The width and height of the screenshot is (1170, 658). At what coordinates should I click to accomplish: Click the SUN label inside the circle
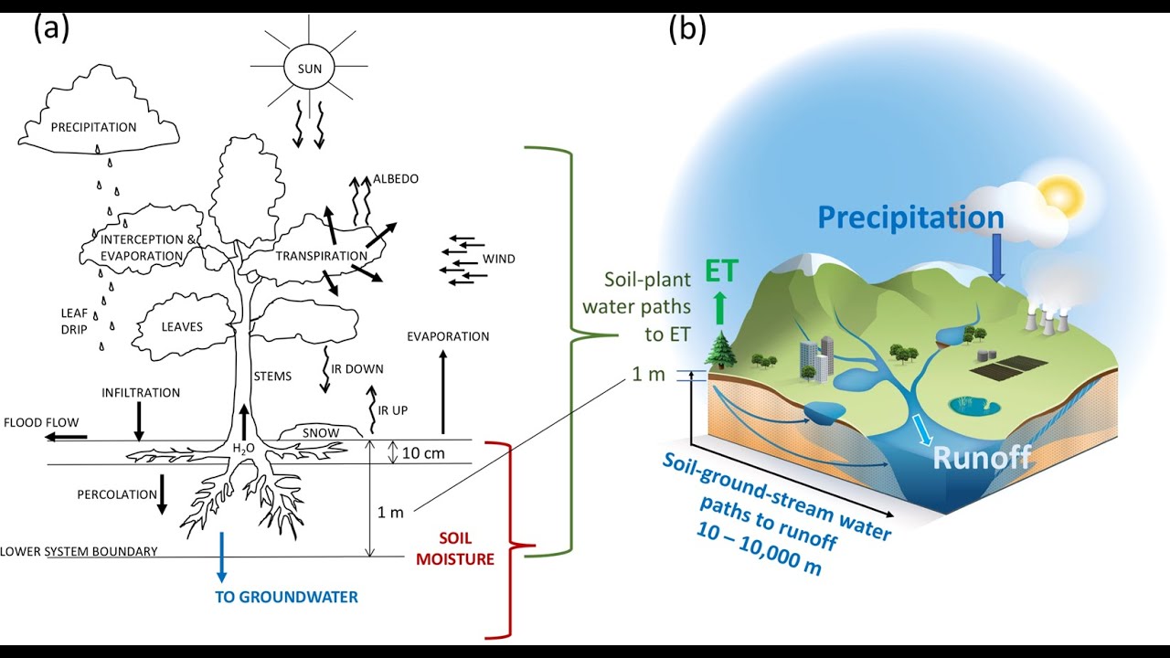[x=309, y=69]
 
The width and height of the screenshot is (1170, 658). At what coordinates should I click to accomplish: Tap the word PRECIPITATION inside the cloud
[x=93, y=127]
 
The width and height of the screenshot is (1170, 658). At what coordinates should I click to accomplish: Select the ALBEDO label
[x=396, y=178]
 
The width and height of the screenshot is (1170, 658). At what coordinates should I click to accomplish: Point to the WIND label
[x=499, y=259]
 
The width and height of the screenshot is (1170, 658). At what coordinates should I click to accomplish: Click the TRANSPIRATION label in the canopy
[x=322, y=256]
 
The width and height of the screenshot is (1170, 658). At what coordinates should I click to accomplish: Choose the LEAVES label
[x=182, y=327]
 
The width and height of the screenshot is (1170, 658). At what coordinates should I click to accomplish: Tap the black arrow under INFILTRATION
[x=139, y=421]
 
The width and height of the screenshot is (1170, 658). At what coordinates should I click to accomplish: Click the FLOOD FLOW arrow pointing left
[x=67, y=437]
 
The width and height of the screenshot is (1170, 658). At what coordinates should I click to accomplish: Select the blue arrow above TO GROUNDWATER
[x=222, y=557]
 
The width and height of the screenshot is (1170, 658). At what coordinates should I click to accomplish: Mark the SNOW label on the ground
[x=321, y=433]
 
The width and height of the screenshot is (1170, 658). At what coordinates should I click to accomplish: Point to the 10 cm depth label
[x=423, y=452]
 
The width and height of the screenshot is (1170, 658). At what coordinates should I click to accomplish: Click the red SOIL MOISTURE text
[x=455, y=548]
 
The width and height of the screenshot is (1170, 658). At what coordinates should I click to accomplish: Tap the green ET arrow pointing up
[x=721, y=308]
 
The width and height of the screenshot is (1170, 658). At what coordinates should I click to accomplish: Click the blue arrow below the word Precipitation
[x=996, y=258]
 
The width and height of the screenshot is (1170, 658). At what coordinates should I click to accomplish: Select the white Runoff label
[x=982, y=457]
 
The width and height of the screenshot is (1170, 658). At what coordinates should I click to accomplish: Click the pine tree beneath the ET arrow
[x=721, y=348]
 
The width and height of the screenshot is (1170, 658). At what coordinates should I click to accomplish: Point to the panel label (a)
[x=52, y=28]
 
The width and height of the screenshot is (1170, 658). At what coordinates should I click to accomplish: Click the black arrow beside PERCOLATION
[x=162, y=494]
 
